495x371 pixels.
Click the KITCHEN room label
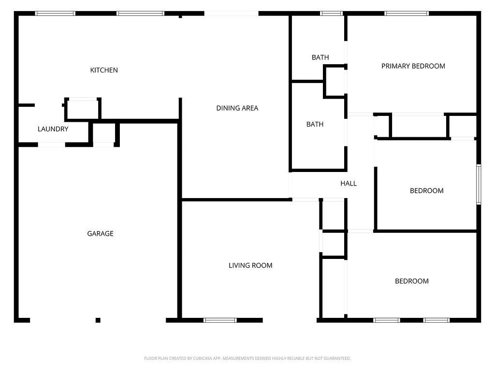click(x=104, y=70)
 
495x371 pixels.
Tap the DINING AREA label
click(x=237, y=108)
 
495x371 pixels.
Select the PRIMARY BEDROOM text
click(x=413, y=66)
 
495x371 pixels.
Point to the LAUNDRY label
click(x=53, y=129)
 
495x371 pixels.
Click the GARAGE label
click(x=100, y=233)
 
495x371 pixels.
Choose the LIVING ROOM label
click(x=250, y=265)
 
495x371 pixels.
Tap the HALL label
click(x=349, y=184)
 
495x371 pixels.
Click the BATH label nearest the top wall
click(x=320, y=57)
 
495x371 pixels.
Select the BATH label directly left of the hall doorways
click(x=315, y=124)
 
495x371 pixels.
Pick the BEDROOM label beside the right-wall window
click(x=426, y=190)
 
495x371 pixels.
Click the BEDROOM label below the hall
click(x=412, y=281)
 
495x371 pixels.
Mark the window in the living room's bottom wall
click(x=220, y=320)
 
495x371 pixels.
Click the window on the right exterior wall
click(x=479, y=184)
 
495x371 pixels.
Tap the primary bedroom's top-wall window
click(x=407, y=14)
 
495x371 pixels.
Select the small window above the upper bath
click(x=332, y=14)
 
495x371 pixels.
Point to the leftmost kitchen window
click(x=56, y=14)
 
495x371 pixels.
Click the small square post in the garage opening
click(x=98, y=320)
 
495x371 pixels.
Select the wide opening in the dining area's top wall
click(x=232, y=14)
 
